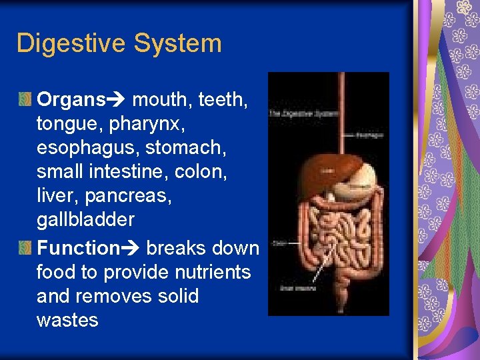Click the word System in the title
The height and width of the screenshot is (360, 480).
click(x=177, y=44)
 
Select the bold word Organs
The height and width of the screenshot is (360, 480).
click(x=71, y=101)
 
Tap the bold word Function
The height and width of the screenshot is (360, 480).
click(x=77, y=249)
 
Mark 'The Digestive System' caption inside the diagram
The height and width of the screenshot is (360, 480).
click(x=293, y=114)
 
